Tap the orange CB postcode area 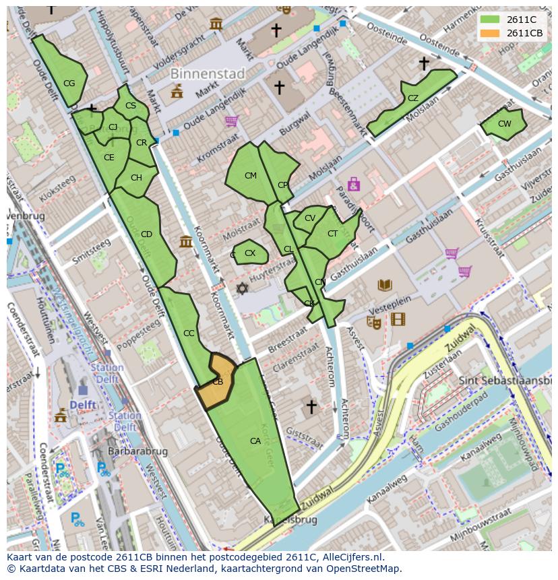point(218,382)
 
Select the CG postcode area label point(69,84)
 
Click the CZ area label point(413,98)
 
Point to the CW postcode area point(504,124)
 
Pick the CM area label point(251,176)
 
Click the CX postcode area point(250,253)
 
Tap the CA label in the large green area point(255,441)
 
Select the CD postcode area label point(146,234)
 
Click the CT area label point(332,234)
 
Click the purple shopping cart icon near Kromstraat point(231,121)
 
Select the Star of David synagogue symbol point(241,288)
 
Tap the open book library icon point(384,285)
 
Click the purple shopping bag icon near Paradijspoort point(353,184)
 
